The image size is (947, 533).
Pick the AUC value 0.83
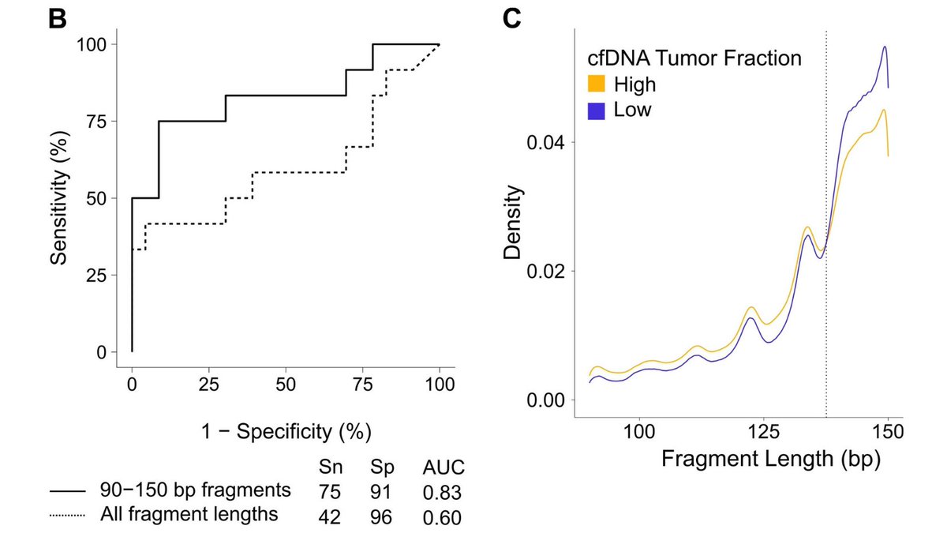(x=441, y=492)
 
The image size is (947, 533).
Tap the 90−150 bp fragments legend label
(x=196, y=490)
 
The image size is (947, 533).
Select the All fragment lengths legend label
(x=189, y=515)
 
